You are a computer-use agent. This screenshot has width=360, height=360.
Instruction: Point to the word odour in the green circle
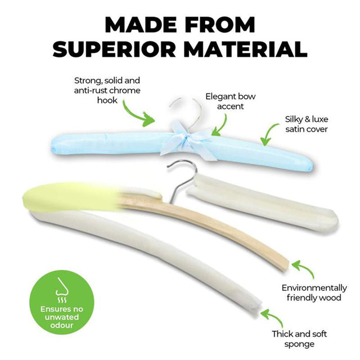(61, 325)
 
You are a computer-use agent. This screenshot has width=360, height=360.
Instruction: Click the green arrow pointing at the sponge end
(273, 318)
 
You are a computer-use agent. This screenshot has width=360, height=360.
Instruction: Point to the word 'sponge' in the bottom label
(299, 344)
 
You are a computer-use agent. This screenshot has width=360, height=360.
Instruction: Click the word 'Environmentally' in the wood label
(314, 288)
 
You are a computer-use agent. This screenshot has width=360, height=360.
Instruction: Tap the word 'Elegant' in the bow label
(220, 97)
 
